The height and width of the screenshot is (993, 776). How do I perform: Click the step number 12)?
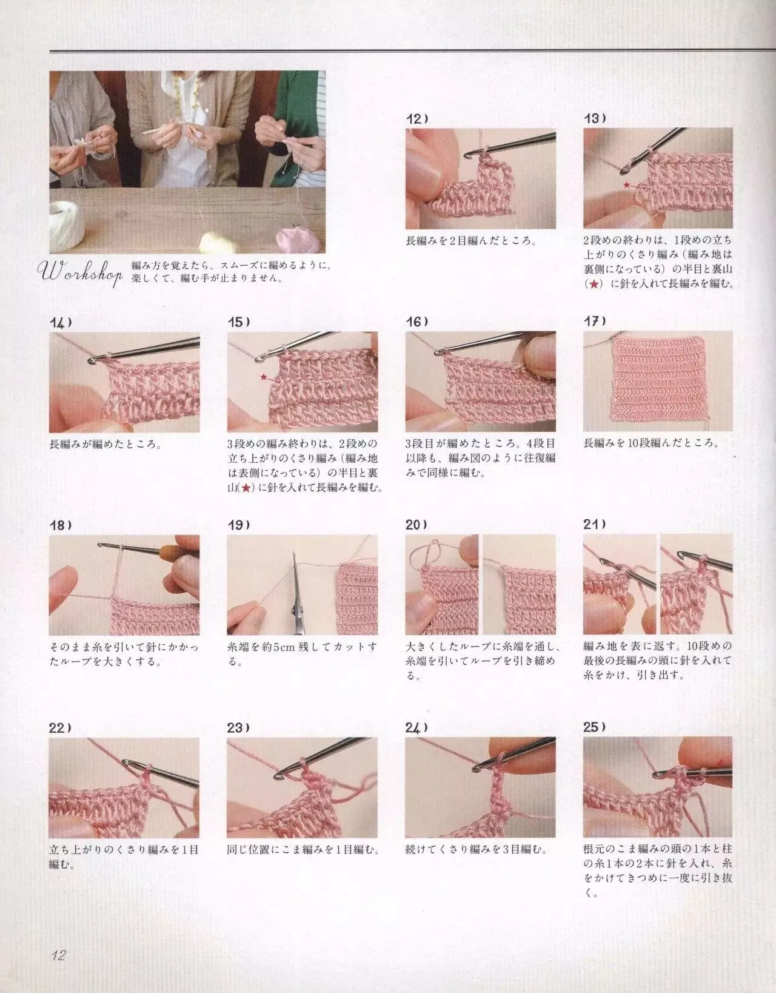(x=416, y=119)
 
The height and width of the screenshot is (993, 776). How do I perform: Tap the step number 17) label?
(x=595, y=321)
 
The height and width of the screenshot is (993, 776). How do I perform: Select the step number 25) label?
(x=595, y=727)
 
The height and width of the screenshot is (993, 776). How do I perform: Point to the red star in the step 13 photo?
(x=627, y=185)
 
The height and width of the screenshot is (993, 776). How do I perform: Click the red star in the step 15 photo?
(x=264, y=377)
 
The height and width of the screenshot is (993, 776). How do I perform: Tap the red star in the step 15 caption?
(x=246, y=488)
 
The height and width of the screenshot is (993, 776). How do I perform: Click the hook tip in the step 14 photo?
(x=92, y=361)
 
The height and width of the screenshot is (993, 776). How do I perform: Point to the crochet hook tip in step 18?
(x=100, y=545)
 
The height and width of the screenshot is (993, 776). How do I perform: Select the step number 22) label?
(x=60, y=727)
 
